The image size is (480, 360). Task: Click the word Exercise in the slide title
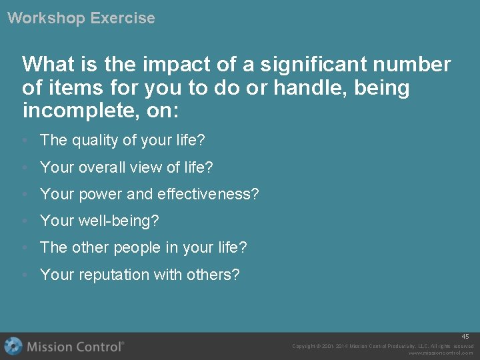point(123,18)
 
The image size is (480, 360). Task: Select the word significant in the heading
point(312,65)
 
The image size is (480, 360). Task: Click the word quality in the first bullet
point(92,141)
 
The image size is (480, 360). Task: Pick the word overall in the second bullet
point(101,167)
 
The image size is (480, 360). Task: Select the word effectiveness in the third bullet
point(204,194)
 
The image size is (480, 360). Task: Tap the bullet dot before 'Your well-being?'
point(24,221)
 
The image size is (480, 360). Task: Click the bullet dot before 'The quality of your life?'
point(24,141)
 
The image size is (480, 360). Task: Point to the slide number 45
point(465,337)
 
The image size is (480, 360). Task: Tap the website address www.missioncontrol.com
point(441,353)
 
